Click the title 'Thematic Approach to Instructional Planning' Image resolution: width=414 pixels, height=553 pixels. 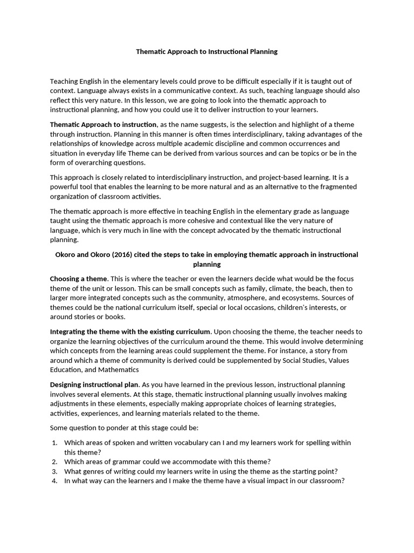[x=206, y=52]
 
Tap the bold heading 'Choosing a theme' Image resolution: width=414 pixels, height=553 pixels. [x=79, y=279]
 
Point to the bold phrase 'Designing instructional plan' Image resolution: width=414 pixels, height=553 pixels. [x=94, y=385]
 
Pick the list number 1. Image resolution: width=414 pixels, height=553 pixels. [x=54, y=443]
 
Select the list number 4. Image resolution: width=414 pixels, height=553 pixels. [x=54, y=481]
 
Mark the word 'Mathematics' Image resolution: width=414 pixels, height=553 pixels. [x=119, y=370]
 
